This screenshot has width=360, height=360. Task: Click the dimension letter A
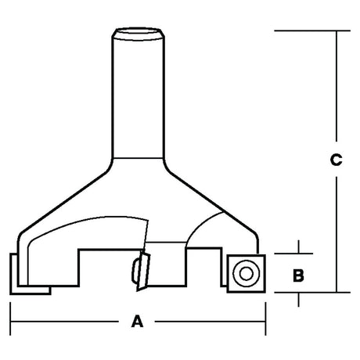(x=137, y=322)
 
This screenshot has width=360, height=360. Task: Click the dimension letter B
(x=298, y=275)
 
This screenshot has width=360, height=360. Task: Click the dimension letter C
(x=336, y=160)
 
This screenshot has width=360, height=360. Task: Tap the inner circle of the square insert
(x=246, y=274)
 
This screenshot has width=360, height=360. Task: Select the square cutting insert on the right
(x=247, y=274)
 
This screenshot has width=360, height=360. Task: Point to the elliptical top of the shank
(x=138, y=33)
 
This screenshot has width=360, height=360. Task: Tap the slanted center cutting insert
(x=143, y=272)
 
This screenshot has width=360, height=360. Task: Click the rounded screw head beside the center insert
(x=135, y=271)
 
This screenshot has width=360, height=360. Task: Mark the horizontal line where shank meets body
(x=139, y=158)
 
